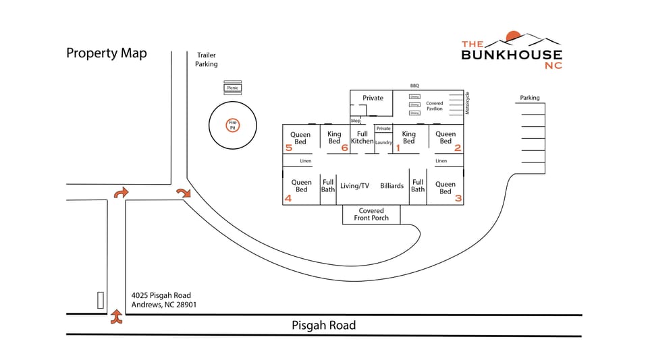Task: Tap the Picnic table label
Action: tap(232, 88)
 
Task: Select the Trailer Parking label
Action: tap(207, 59)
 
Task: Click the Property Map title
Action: tap(107, 53)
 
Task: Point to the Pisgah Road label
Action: tap(323, 325)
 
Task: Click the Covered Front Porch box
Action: tap(371, 214)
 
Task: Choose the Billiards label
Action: tap(391, 186)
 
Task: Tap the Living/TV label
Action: tap(354, 186)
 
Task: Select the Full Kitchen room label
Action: tap(362, 138)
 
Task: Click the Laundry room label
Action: tap(383, 142)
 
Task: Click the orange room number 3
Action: tap(458, 198)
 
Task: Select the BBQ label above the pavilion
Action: tap(414, 86)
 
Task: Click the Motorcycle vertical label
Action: tap(467, 103)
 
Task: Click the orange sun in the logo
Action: tap(513, 36)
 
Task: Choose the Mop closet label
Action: tap(355, 121)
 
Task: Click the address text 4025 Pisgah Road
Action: tap(161, 295)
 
